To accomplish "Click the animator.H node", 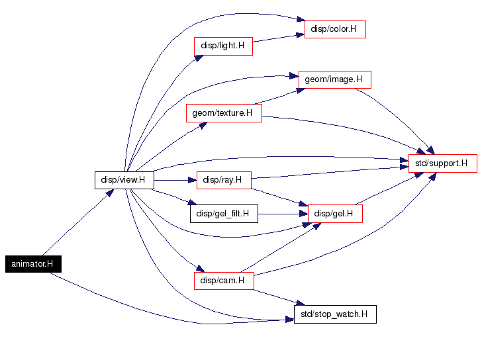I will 32,263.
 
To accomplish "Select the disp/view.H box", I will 124,180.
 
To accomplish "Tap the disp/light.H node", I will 223,46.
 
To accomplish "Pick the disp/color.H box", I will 335,29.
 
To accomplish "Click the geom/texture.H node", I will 224,113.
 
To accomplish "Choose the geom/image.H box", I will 334,79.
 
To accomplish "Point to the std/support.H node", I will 442,163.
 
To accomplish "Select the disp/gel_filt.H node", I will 224,214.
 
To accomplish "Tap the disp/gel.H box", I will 335,214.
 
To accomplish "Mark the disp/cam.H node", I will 224,281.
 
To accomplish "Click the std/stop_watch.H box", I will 335,314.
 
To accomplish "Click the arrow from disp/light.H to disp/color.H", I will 278,37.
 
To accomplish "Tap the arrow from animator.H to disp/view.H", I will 78,222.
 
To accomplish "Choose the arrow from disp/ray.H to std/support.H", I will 331,171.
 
